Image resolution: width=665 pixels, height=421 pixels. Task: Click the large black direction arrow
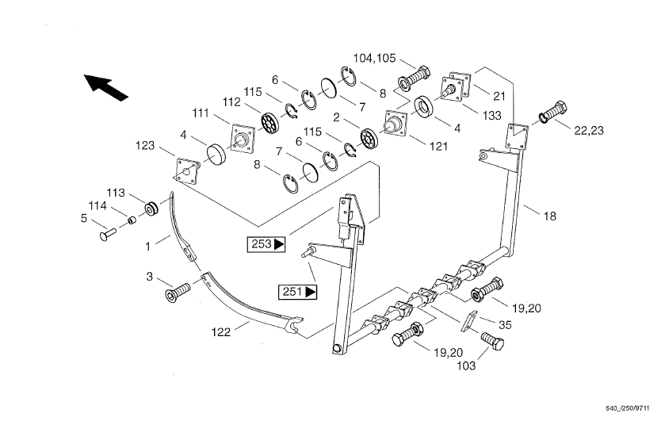(105, 87)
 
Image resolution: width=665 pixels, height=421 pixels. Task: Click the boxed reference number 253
(266, 244)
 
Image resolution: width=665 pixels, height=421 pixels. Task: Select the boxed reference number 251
(297, 292)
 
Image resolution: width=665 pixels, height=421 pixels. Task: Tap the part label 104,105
(374, 58)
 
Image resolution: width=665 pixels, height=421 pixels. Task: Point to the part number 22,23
(589, 131)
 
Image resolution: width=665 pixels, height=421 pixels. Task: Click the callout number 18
(549, 216)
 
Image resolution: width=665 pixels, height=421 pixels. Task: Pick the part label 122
(221, 332)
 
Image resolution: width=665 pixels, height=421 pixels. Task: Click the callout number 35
(505, 325)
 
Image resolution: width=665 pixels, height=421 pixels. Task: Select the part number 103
(466, 366)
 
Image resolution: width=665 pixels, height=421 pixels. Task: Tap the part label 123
(145, 146)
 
